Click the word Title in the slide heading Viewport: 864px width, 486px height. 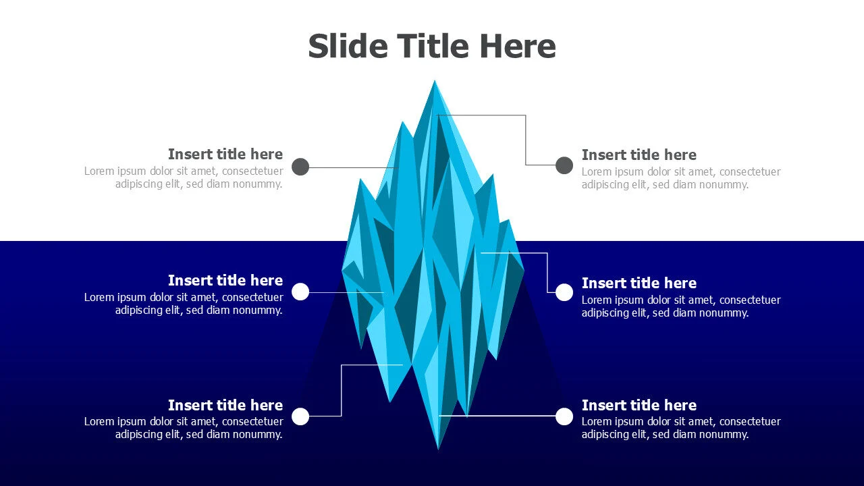(433, 46)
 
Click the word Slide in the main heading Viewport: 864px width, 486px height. (348, 46)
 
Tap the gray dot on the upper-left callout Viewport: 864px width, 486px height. (300, 167)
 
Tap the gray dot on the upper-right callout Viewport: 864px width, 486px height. (564, 165)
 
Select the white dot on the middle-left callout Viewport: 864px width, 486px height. (300, 292)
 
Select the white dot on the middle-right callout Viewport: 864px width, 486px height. (564, 292)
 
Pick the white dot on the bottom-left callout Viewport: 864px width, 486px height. (300, 416)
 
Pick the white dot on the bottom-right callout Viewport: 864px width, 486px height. (564, 416)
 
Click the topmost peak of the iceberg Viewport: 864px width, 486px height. (435, 80)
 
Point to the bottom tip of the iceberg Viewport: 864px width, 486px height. (438, 450)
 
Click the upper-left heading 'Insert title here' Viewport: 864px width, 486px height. (225, 154)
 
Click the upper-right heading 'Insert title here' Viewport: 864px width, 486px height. (639, 155)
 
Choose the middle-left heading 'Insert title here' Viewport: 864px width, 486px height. (225, 280)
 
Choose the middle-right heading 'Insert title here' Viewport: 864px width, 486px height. (639, 283)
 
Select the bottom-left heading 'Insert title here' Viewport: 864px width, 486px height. (225, 405)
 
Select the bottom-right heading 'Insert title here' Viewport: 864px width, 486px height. (639, 405)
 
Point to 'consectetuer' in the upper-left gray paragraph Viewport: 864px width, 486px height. (252, 171)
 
